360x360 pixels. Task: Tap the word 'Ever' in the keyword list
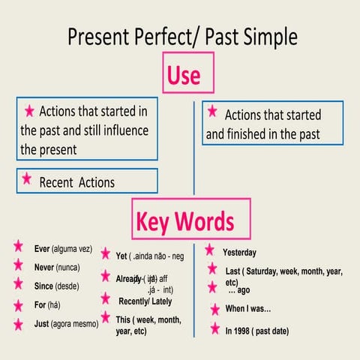(43, 248)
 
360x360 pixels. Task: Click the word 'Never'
(45, 267)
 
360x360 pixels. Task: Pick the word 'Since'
(44, 286)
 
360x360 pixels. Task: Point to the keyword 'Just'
(42, 325)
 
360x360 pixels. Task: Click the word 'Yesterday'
(239, 252)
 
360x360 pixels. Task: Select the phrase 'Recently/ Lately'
(145, 301)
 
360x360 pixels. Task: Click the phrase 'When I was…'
(248, 309)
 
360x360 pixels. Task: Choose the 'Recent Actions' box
(87, 181)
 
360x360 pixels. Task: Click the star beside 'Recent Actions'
(27, 178)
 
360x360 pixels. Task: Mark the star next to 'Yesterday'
(210, 249)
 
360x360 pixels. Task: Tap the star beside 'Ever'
(18, 246)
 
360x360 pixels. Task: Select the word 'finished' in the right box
(253, 135)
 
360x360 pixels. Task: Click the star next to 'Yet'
(106, 254)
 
